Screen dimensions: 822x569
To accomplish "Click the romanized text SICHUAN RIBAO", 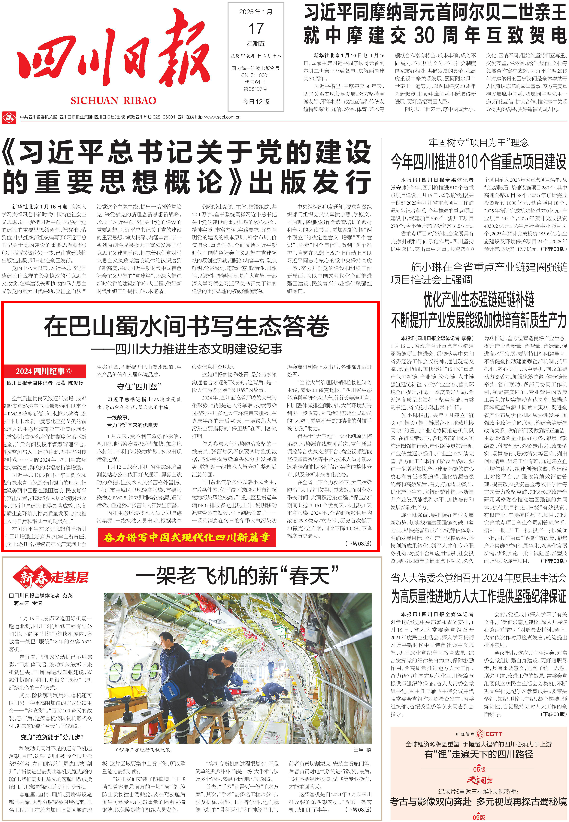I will coord(113,101).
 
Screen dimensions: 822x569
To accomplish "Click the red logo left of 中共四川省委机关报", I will coord(9,117).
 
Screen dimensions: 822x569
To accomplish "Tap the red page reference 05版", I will coord(479,769).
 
